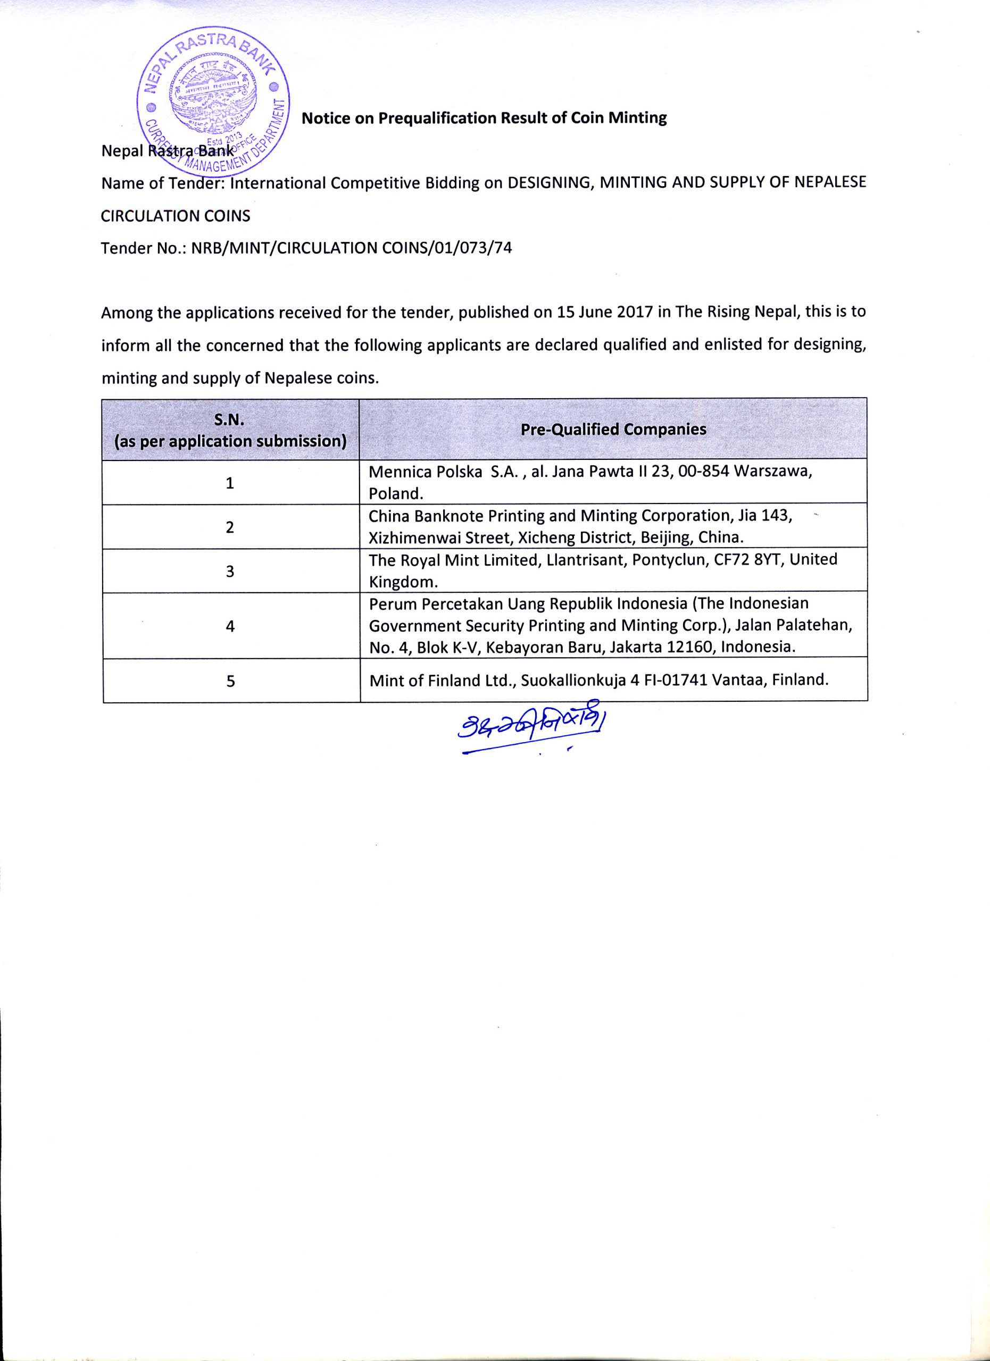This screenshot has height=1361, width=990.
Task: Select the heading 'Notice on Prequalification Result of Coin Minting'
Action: pos(484,117)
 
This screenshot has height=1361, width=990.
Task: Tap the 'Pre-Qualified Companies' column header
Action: pos(613,430)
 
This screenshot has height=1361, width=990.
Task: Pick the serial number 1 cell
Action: pos(230,483)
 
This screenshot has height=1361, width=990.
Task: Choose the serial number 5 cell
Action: pos(230,681)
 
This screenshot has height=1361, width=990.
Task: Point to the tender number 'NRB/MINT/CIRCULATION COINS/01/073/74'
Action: pos(351,248)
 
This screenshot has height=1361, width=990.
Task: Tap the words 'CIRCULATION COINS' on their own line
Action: pos(176,216)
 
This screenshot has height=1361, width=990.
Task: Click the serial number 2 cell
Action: pos(230,527)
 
